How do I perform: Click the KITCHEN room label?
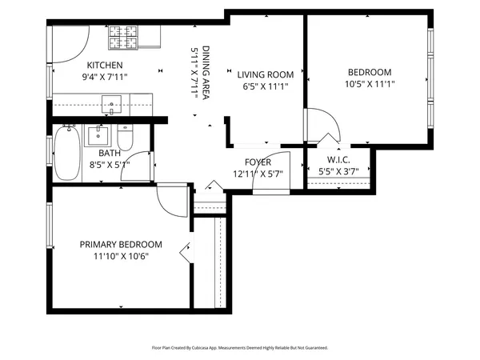tap(105, 66)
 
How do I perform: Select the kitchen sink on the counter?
tap(112, 101)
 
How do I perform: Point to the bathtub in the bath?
tap(65, 154)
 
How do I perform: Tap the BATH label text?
tap(110, 153)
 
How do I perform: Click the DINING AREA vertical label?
tap(205, 71)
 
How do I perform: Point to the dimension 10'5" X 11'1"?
tap(369, 83)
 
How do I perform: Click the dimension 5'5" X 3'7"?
tap(339, 171)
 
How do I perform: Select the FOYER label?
tap(258, 162)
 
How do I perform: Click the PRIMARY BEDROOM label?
tap(120, 245)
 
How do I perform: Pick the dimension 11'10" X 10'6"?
tap(120, 256)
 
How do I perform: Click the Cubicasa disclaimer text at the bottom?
tap(239, 348)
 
